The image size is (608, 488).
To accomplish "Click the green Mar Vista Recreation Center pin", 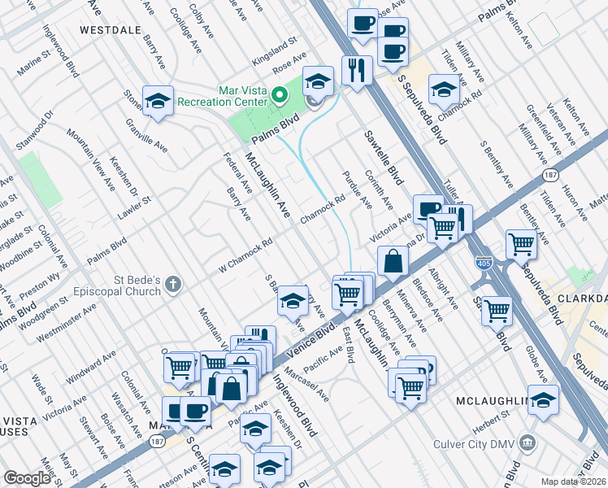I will [280, 96].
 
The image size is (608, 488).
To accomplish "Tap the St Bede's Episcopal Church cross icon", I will [172, 284].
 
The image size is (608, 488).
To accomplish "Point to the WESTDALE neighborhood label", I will [111, 29].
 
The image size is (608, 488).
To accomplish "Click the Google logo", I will [26, 478].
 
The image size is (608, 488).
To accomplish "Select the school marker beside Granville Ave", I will [157, 101].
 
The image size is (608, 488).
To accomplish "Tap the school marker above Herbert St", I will [544, 399].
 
